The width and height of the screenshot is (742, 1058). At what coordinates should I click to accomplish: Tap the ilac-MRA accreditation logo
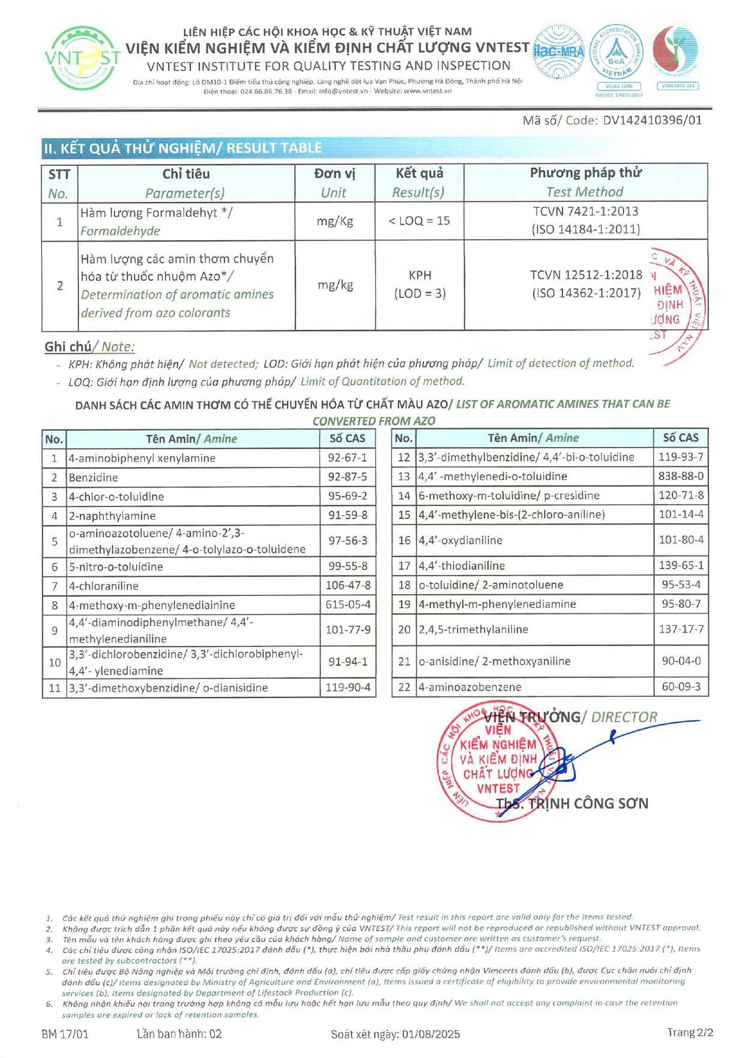558,52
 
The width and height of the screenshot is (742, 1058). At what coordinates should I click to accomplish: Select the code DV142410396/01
652,120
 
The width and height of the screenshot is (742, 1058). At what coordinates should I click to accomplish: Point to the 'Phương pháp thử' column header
585,173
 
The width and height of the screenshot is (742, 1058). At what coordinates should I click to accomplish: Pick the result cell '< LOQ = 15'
419,221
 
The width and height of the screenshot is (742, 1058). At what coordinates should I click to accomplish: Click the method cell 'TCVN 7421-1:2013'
585,211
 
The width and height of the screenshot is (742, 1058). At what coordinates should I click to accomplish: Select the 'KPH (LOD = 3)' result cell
420,284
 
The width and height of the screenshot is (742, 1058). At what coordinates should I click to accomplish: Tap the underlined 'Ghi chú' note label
68,347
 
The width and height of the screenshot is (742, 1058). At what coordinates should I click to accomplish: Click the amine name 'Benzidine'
93,478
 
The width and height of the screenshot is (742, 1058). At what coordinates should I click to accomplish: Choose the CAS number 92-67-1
348,458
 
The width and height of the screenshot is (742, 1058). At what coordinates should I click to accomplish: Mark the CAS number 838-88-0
681,476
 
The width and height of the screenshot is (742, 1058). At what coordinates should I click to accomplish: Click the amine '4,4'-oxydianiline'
460,540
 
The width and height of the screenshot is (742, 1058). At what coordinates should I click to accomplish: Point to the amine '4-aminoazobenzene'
470,687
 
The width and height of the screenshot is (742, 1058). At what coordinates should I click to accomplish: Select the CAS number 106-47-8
348,585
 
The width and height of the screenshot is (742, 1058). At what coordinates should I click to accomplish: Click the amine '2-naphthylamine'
112,515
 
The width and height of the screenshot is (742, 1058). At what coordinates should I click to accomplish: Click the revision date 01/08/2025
431,1034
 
